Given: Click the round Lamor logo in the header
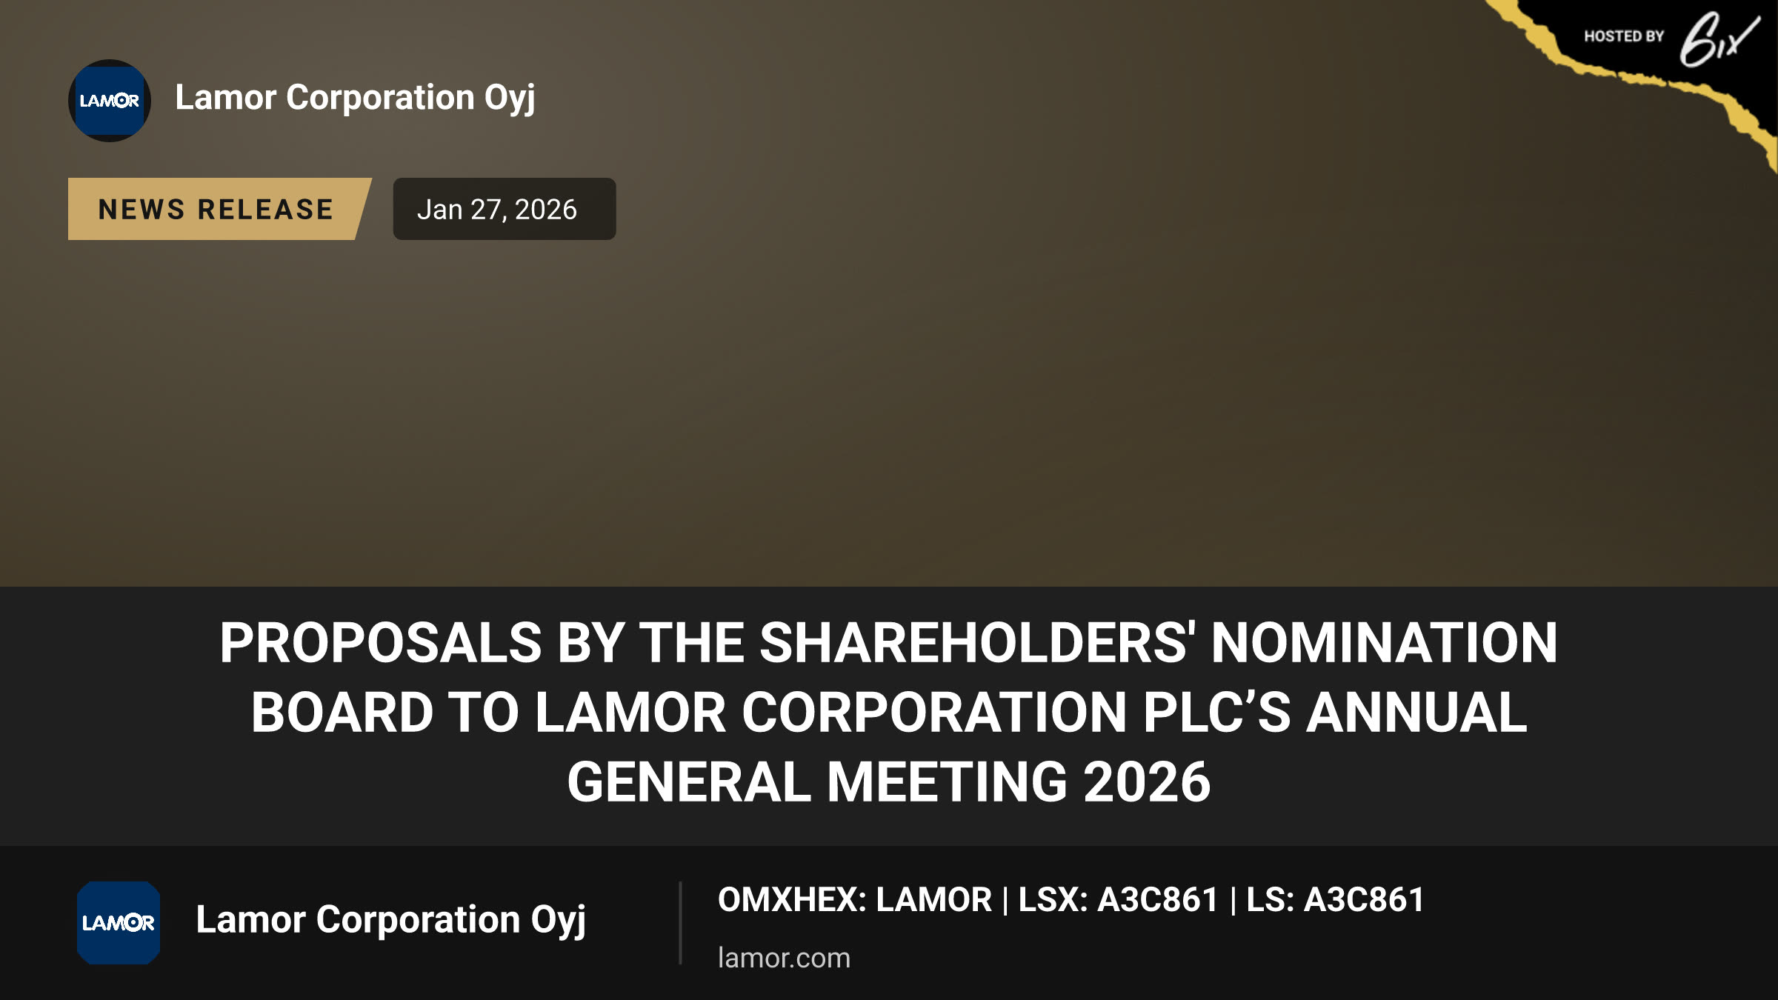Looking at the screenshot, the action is (x=110, y=101).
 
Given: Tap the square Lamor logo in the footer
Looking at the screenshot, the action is (x=119, y=922).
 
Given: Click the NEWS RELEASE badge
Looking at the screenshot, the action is (x=216, y=209).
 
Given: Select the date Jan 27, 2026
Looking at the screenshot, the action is (x=497, y=210).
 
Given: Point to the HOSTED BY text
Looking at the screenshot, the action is (x=1624, y=36).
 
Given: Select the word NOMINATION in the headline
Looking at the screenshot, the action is (x=1385, y=642).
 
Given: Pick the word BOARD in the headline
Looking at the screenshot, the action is (x=342, y=712).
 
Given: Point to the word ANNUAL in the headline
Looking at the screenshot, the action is (x=1416, y=712).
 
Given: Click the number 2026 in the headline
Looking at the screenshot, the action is (x=1147, y=781).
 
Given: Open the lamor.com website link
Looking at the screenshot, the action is (x=784, y=958).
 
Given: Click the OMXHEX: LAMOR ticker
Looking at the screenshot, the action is (x=855, y=900).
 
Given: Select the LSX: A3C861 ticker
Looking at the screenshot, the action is (x=1119, y=900).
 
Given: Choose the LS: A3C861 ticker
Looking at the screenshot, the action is (x=1335, y=900).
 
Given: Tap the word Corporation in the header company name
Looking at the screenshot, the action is (x=381, y=97).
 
